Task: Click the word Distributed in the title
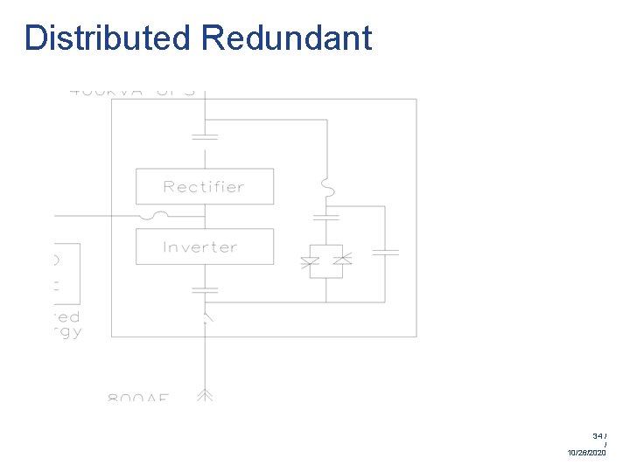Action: [108, 38]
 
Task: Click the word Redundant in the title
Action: [286, 38]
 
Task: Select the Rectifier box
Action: [204, 186]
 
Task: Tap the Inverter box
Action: [204, 246]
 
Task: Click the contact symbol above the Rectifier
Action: [204, 136]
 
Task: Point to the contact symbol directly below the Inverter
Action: [204, 288]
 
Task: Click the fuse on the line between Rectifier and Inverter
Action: [159, 216]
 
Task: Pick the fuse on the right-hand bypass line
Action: [325, 187]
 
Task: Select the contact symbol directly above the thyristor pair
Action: [325, 214]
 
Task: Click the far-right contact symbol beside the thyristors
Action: [385, 252]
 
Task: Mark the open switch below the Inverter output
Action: [206, 316]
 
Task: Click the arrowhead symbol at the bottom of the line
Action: [204, 395]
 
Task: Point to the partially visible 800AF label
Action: [138, 398]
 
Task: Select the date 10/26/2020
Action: [586, 453]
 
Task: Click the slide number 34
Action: [598, 435]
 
